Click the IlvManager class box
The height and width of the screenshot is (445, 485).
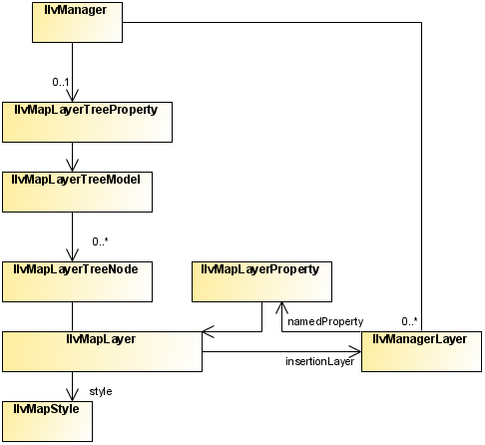77,22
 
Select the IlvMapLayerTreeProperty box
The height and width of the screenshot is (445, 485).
87,122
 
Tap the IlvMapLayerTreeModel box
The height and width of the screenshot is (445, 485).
77,192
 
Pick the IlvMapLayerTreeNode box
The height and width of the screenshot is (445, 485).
77,281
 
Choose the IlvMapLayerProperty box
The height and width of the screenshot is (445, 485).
261,281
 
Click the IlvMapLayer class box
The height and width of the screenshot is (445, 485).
102,351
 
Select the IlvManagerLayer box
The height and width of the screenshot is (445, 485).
421,351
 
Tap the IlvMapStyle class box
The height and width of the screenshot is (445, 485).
47,421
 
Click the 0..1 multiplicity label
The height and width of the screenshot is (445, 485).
61,82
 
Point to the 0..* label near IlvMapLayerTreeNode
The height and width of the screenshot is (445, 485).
101,241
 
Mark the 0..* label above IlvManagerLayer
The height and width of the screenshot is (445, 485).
409,321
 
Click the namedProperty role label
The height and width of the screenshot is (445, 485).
325,322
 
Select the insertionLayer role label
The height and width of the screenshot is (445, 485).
319,361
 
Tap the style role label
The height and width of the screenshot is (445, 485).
101,391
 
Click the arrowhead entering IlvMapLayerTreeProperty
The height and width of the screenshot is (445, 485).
72,96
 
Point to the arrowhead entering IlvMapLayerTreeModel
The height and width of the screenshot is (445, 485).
72,166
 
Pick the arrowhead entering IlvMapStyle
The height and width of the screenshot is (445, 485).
72,395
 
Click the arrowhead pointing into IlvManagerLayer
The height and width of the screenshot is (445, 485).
355,351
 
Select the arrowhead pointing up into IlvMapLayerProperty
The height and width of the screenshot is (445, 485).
281,308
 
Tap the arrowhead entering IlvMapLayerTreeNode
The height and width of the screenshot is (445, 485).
72,255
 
